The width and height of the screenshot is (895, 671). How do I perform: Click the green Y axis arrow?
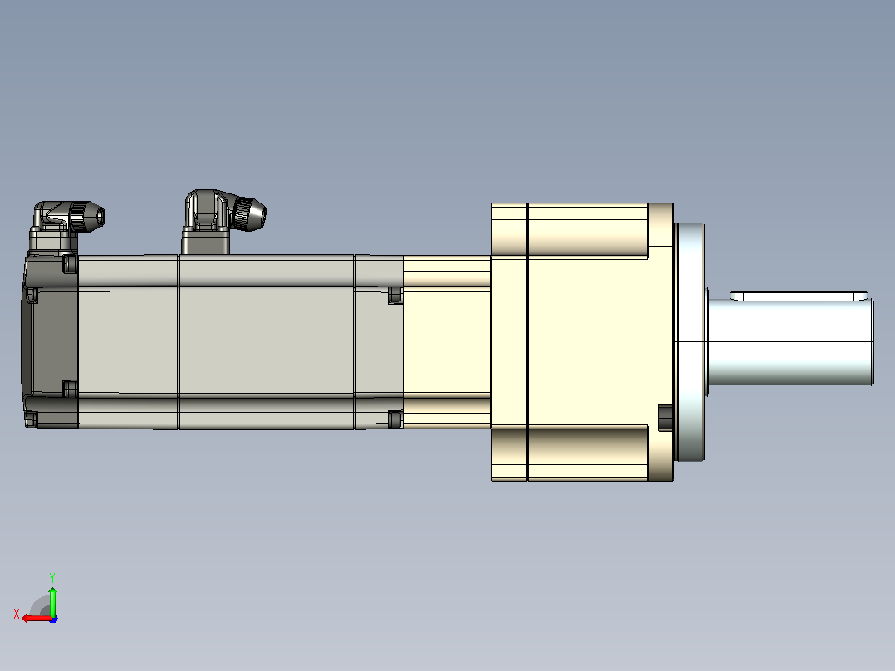pos(52,600)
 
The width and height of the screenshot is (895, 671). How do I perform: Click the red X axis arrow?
pos(37,619)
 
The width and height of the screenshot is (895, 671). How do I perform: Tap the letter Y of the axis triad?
pos(52,577)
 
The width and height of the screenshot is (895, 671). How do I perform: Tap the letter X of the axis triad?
pos(17,614)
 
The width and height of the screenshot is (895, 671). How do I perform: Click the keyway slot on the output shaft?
pos(799,296)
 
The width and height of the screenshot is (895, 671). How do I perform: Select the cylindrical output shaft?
pos(790,341)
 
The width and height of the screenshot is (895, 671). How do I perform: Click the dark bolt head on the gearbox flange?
pos(666,418)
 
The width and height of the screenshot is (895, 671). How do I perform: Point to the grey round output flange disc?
pos(689,341)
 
